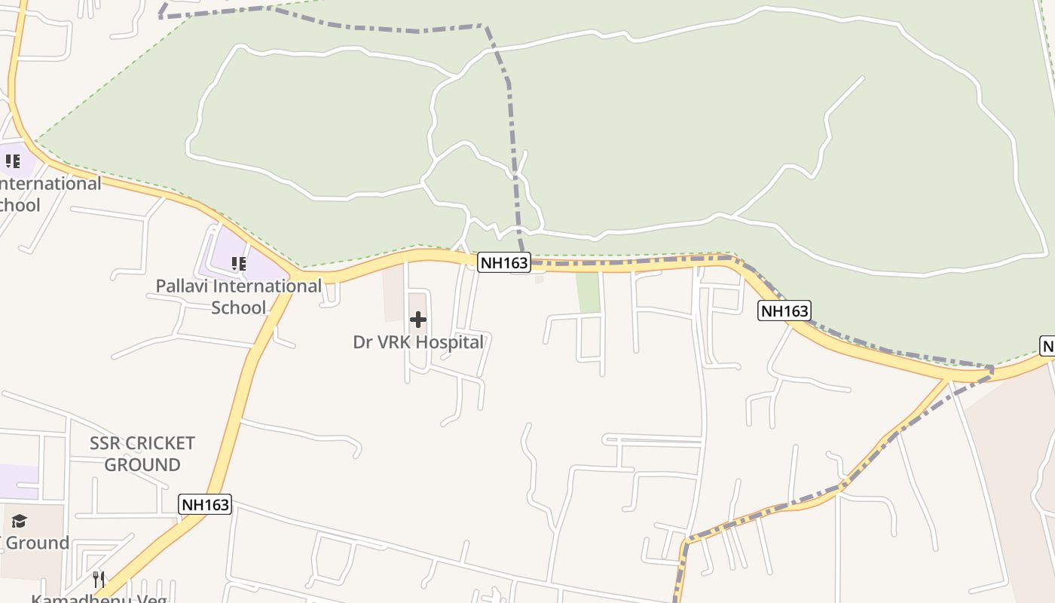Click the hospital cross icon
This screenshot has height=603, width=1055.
point(417,320)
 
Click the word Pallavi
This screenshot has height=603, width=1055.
point(182,286)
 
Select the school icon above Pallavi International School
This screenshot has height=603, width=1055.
point(238,263)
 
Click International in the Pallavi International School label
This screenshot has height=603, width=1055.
point(268,286)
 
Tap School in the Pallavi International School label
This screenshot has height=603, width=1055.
point(239,308)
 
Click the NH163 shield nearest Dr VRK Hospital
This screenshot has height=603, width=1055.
point(504,262)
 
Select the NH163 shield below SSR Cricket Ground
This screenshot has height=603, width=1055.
point(205,504)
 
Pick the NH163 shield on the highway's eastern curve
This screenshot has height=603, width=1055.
point(784,311)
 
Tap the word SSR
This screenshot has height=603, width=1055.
point(105,443)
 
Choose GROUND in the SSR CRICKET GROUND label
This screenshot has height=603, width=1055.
point(142,464)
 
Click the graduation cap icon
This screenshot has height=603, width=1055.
point(19,521)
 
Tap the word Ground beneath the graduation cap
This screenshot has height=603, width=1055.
point(37,543)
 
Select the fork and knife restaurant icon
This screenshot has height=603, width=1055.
point(99,579)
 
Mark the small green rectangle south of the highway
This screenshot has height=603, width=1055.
point(588,292)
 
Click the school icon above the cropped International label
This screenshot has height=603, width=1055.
point(13,161)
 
